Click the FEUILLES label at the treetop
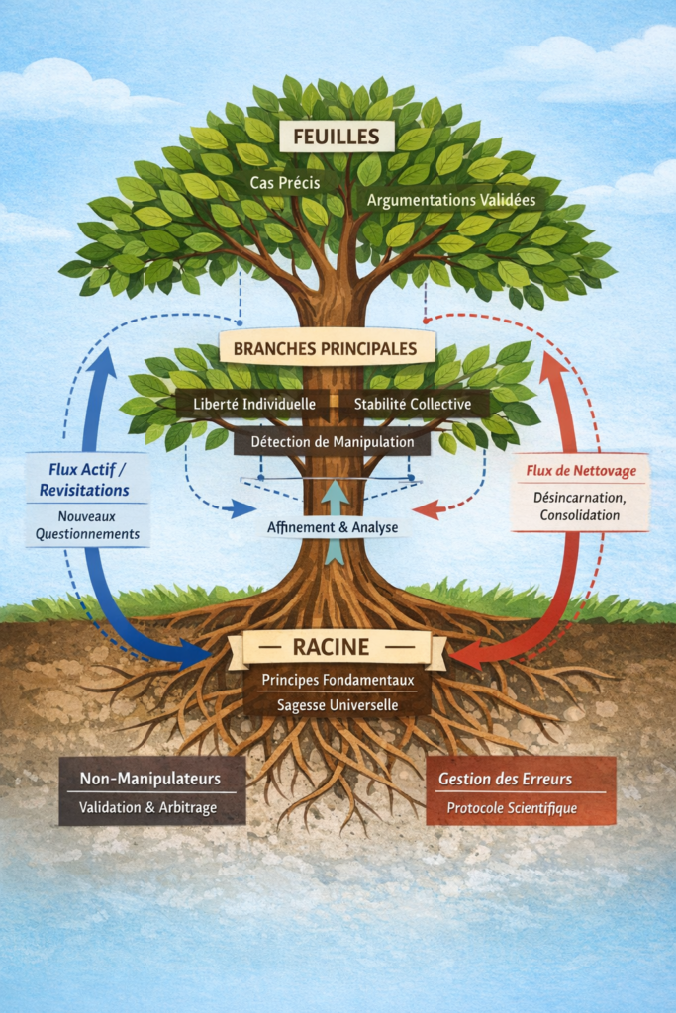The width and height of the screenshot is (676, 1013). (337, 136)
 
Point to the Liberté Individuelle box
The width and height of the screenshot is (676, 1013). (253, 404)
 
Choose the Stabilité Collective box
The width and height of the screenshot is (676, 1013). (413, 404)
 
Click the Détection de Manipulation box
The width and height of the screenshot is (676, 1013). (333, 441)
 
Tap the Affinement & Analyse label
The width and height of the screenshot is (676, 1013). (333, 527)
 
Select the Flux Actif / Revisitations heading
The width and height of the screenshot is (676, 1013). (88, 479)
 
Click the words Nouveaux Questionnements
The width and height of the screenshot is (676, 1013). (88, 524)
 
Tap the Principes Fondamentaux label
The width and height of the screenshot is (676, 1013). (338, 681)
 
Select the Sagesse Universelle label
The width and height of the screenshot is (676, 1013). (338, 704)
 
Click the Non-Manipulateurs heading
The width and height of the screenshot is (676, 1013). (150, 779)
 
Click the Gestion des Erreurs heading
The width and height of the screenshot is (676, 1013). (521, 779)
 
